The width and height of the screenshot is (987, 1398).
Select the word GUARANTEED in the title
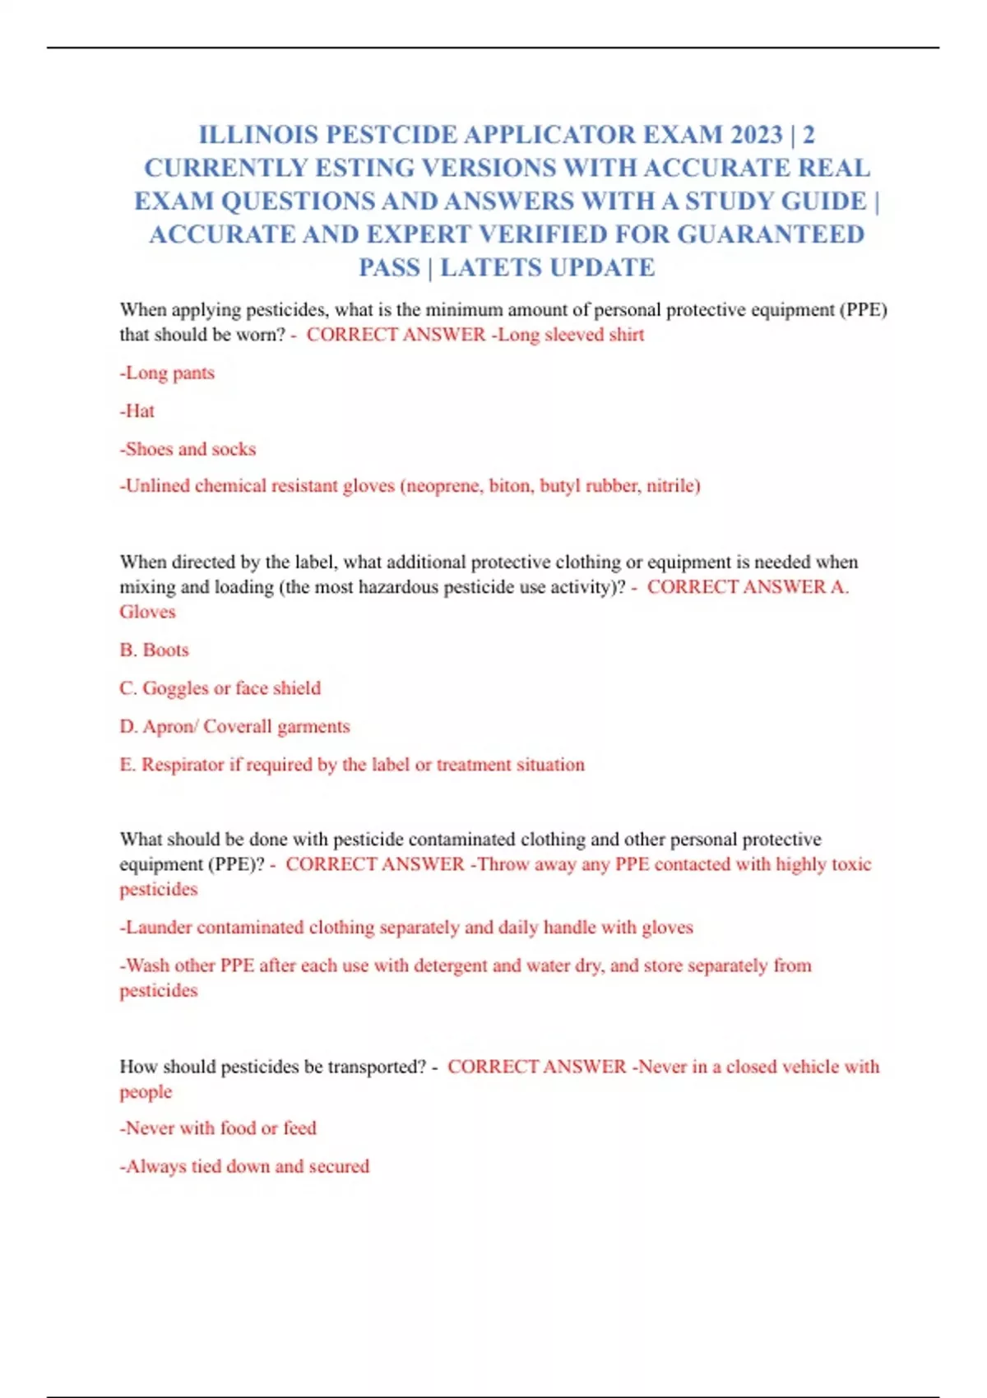tap(771, 234)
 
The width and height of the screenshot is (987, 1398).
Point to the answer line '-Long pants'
tap(167, 373)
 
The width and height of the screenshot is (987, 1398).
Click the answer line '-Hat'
tap(137, 410)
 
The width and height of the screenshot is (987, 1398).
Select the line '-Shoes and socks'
tap(188, 449)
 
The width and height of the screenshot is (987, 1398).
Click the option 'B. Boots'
tap(154, 650)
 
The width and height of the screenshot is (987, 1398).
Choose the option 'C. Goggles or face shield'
tap(220, 687)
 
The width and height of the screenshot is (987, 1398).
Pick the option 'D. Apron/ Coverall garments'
tap(234, 726)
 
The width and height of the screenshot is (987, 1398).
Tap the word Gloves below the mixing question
tap(147, 612)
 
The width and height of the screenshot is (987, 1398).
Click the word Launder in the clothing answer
tap(160, 927)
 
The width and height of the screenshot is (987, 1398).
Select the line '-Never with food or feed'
tap(218, 1127)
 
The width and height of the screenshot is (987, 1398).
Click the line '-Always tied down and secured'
tap(244, 1165)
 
